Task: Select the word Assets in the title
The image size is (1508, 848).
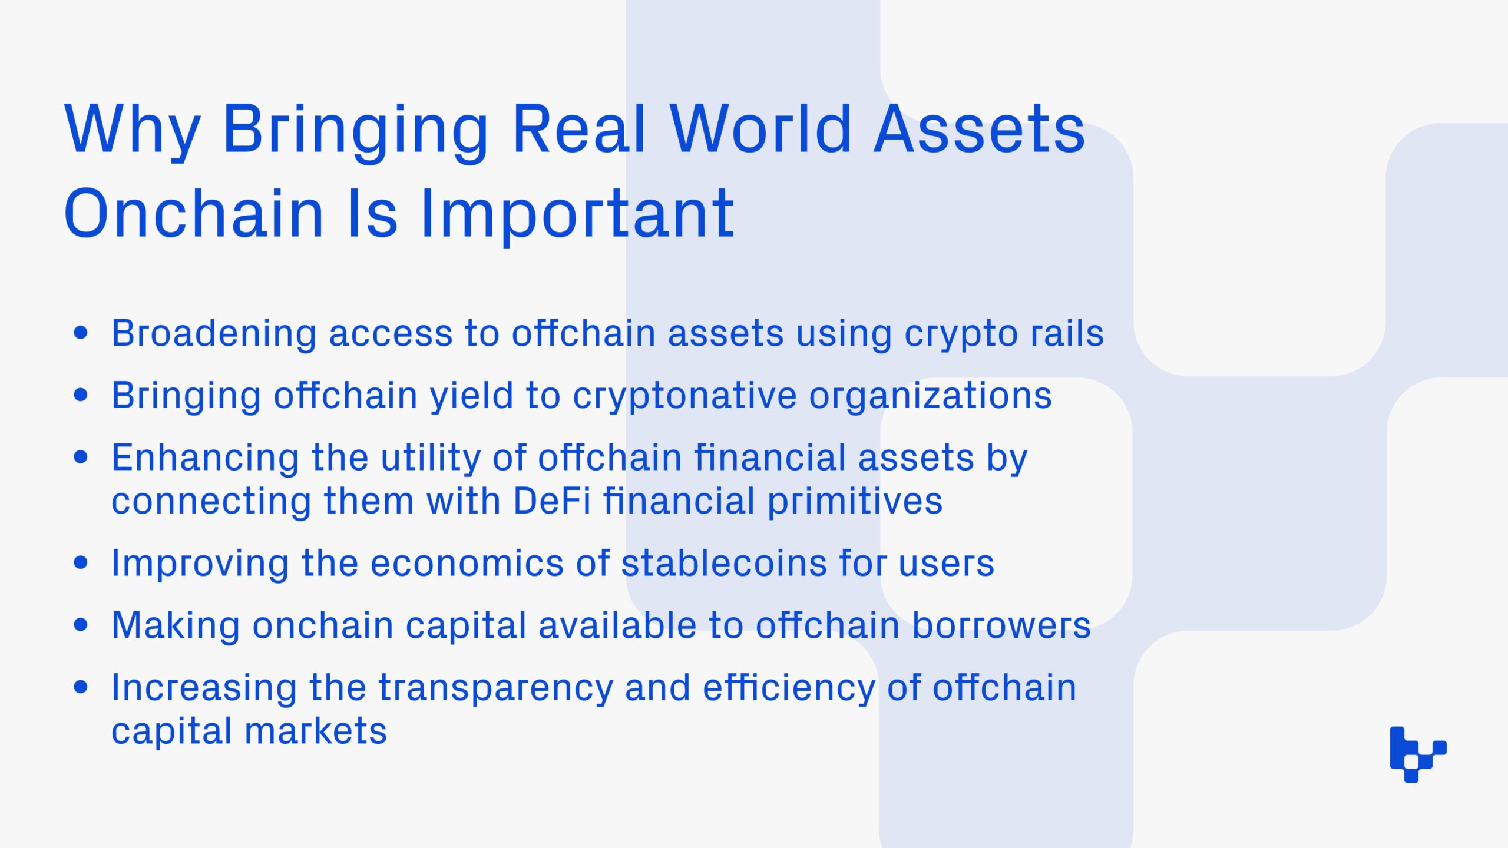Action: click(x=980, y=129)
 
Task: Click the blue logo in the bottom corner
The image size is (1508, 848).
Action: click(x=1418, y=754)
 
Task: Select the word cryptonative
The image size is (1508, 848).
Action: click(x=684, y=396)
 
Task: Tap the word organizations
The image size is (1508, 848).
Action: click(x=931, y=396)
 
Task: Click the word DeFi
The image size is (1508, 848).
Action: click(x=551, y=501)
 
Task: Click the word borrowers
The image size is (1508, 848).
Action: click(x=1001, y=625)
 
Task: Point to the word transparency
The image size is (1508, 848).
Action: click(x=495, y=688)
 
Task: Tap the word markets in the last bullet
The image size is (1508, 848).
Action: click(x=316, y=731)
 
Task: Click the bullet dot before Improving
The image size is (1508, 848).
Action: click(x=81, y=563)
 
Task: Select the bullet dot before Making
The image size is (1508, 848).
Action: click(x=81, y=625)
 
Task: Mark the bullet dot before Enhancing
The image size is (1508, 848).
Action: click(x=81, y=457)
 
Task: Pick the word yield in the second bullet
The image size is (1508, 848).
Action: click(x=472, y=396)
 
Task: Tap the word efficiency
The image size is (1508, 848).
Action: click(x=789, y=688)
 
